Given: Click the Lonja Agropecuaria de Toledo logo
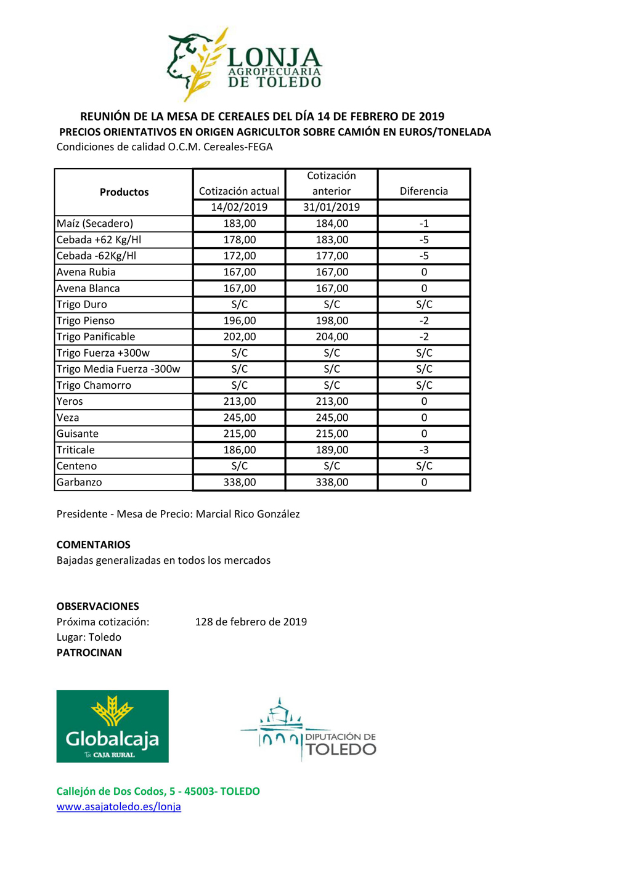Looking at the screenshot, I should [245, 65].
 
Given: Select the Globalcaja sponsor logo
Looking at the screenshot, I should [112, 726].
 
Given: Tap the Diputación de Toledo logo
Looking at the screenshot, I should [308, 730].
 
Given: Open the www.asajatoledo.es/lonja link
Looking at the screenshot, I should [118, 806].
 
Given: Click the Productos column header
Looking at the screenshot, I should [124, 192].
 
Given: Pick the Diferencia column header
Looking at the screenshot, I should [423, 191].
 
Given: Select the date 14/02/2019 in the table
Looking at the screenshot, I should [239, 207].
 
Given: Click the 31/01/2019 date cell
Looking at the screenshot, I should [332, 207].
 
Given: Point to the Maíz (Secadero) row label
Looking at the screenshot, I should [95, 224].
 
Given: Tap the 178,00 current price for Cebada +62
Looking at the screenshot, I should [239, 240].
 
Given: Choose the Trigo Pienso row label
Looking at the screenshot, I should [86, 320].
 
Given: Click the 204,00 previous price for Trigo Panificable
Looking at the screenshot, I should [332, 336].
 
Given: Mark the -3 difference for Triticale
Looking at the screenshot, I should [423, 450].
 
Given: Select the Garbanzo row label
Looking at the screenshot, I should [79, 482].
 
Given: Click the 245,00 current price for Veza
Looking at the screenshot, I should [239, 417].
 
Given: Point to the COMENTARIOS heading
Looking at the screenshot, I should [94, 545].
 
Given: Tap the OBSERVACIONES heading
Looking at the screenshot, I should [98, 606].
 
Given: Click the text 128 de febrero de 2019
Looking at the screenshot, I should [251, 622].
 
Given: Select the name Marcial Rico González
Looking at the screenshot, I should [248, 514].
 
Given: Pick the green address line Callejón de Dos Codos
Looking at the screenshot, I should [158, 791].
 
